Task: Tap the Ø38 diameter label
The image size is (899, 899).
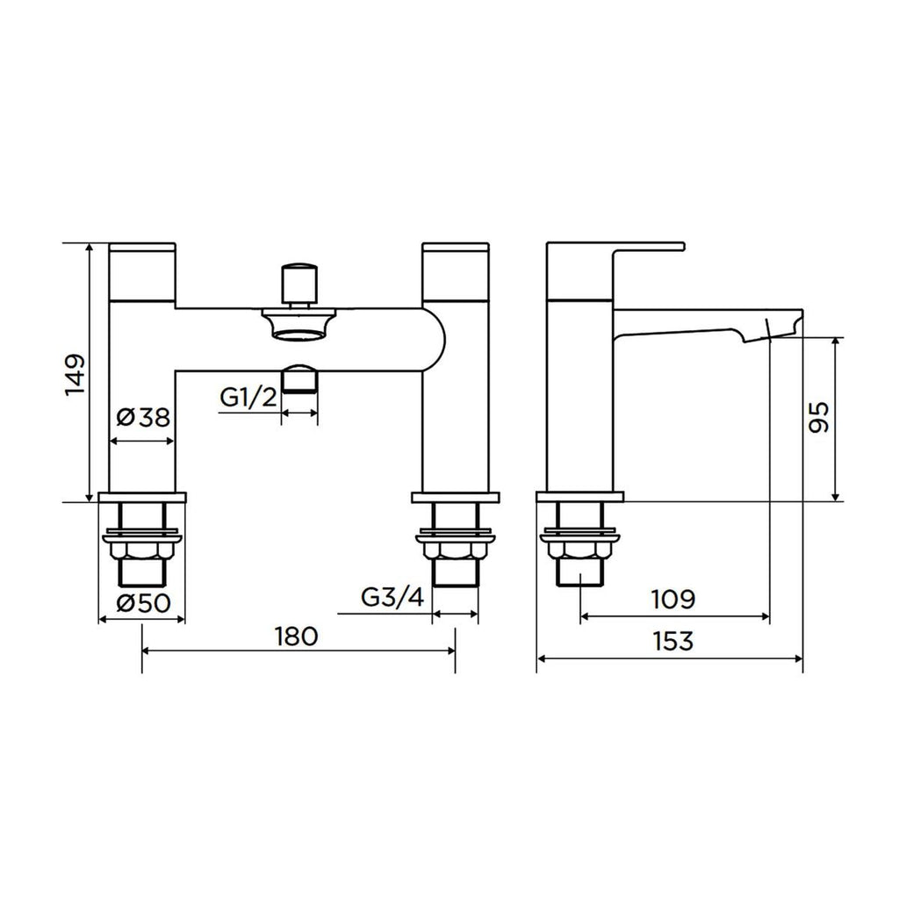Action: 142,418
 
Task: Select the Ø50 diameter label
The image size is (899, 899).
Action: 142,603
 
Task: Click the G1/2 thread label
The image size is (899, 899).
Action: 248,397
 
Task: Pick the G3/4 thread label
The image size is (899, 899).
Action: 392,598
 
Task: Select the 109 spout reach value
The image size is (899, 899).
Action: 672,599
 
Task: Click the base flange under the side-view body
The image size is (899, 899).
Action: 580,497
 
